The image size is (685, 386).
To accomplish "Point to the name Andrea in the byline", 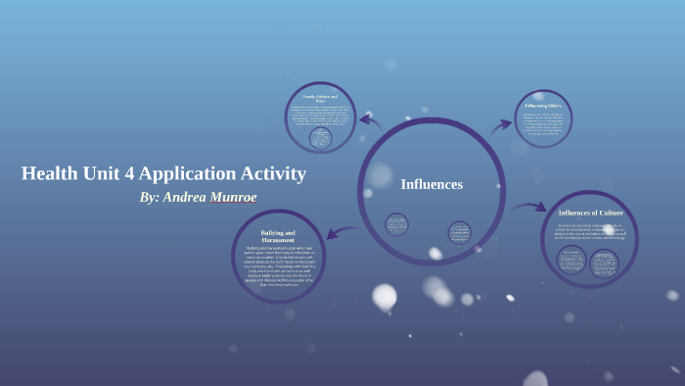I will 189,197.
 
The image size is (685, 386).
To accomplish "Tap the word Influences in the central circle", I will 432,184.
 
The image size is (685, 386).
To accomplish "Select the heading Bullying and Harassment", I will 278,236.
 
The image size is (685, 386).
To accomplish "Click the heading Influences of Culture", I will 590,213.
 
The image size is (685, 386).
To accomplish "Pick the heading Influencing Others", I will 543,106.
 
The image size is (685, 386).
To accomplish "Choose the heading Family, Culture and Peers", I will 320,98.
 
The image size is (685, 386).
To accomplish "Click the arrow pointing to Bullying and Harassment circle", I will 341,232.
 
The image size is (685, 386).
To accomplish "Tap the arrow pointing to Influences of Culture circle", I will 528,207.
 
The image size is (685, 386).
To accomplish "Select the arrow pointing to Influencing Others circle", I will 501,125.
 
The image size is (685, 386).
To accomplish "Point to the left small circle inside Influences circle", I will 396,224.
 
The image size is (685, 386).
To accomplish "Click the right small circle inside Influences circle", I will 459,232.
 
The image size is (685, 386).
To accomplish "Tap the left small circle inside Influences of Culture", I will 571,260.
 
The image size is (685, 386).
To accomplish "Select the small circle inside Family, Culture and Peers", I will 320,138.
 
